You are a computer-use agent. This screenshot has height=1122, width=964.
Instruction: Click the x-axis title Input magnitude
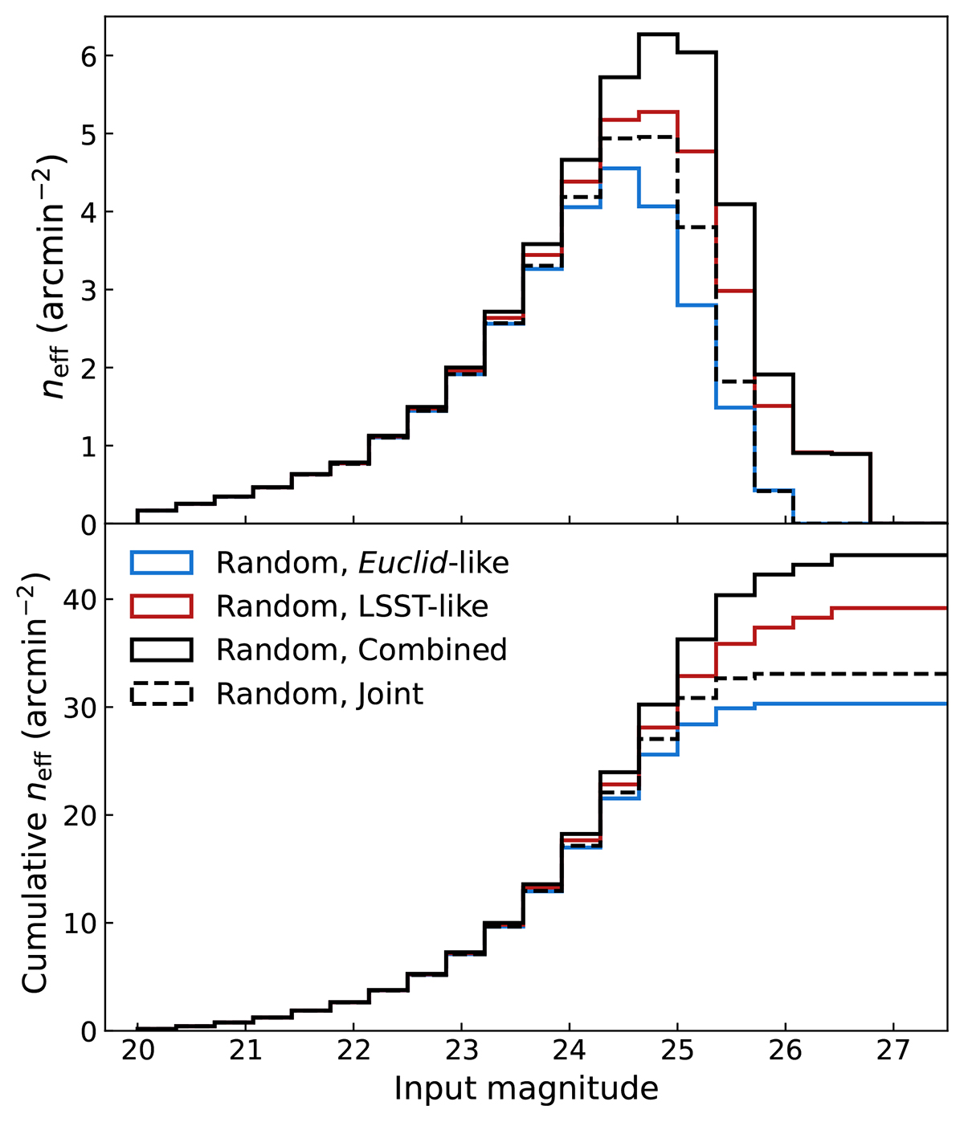click(526, 1089)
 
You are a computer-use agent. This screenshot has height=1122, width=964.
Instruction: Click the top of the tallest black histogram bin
click(659, 35)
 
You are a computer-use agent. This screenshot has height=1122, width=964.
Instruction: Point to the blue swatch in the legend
click(161, 563)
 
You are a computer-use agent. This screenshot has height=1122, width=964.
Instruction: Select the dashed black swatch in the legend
click(161, 693)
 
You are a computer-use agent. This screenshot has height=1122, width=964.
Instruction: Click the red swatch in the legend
click(161, 606)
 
